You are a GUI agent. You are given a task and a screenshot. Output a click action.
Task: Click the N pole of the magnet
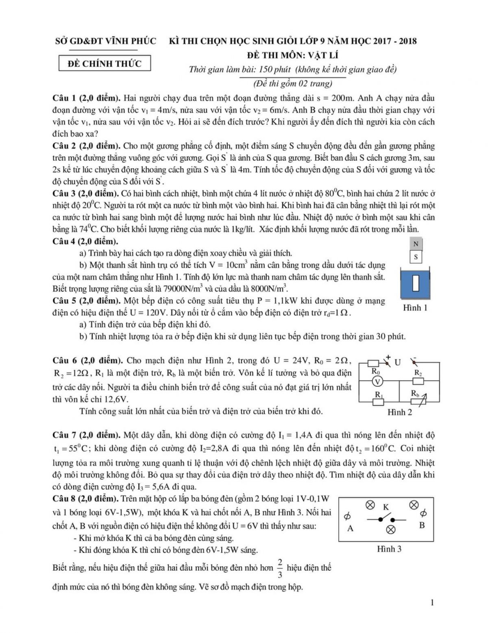tap(416, 244)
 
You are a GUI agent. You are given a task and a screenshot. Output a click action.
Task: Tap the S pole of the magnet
tap(416, 257)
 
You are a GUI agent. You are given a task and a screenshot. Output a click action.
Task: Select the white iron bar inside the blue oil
tap(416, 283)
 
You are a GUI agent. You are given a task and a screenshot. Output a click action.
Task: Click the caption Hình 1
tap(415, 308)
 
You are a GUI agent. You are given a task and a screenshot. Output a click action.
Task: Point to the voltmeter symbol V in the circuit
tap(377, 381)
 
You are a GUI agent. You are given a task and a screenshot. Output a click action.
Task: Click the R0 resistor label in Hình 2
tap(376, 371)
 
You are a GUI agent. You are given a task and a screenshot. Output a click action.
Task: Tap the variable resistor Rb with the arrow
tap(418, 401)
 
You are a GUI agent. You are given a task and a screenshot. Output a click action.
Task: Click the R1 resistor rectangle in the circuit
tap(378, 402)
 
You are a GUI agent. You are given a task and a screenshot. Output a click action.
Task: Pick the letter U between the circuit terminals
tap(398, 362)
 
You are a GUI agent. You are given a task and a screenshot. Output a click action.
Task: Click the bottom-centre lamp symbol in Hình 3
tap(391, 530)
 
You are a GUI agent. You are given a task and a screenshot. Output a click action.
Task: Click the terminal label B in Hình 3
tap(422, 525)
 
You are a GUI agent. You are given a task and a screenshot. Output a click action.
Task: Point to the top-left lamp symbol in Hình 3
tap(370, 505)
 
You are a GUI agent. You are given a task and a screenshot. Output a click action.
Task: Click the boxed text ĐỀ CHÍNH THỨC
tap(105, 64)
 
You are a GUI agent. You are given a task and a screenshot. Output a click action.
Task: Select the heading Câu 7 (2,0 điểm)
tap(86, 435)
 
